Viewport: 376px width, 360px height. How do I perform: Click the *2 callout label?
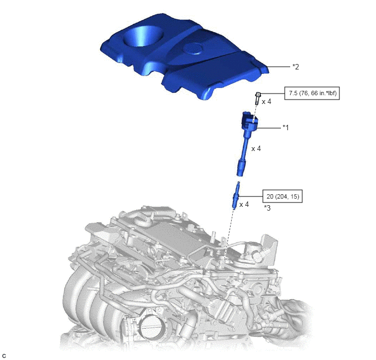[x=296, y=67]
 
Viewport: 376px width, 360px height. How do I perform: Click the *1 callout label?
[x=286, y=127]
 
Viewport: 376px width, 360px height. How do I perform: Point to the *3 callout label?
[x=267, y=208]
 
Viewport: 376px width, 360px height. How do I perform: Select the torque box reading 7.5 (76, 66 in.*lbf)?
[x=312, y=93]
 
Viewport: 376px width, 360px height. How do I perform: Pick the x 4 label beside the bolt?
[x=266, y=102]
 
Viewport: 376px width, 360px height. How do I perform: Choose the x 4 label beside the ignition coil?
[x=256, y=149]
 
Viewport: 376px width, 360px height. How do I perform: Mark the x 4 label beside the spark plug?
[x=244, y=204]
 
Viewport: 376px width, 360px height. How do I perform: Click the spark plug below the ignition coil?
[x=236, y=195]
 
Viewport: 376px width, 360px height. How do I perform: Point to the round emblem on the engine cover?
[x=192, y=49]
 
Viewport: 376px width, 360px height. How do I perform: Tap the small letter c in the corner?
[x=4, y=356]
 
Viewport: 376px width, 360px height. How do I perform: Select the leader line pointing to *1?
[x=268, y=128]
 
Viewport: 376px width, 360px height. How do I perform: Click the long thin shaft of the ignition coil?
[x=245, y=145]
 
